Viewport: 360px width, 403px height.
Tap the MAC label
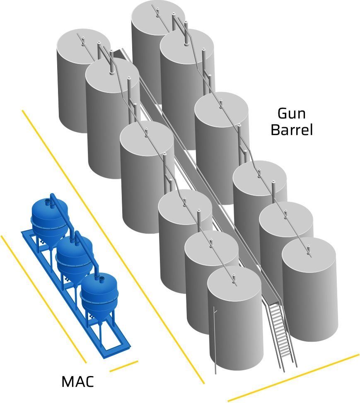tap(77, 381)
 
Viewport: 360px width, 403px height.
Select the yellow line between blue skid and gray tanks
tap(112, 244)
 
